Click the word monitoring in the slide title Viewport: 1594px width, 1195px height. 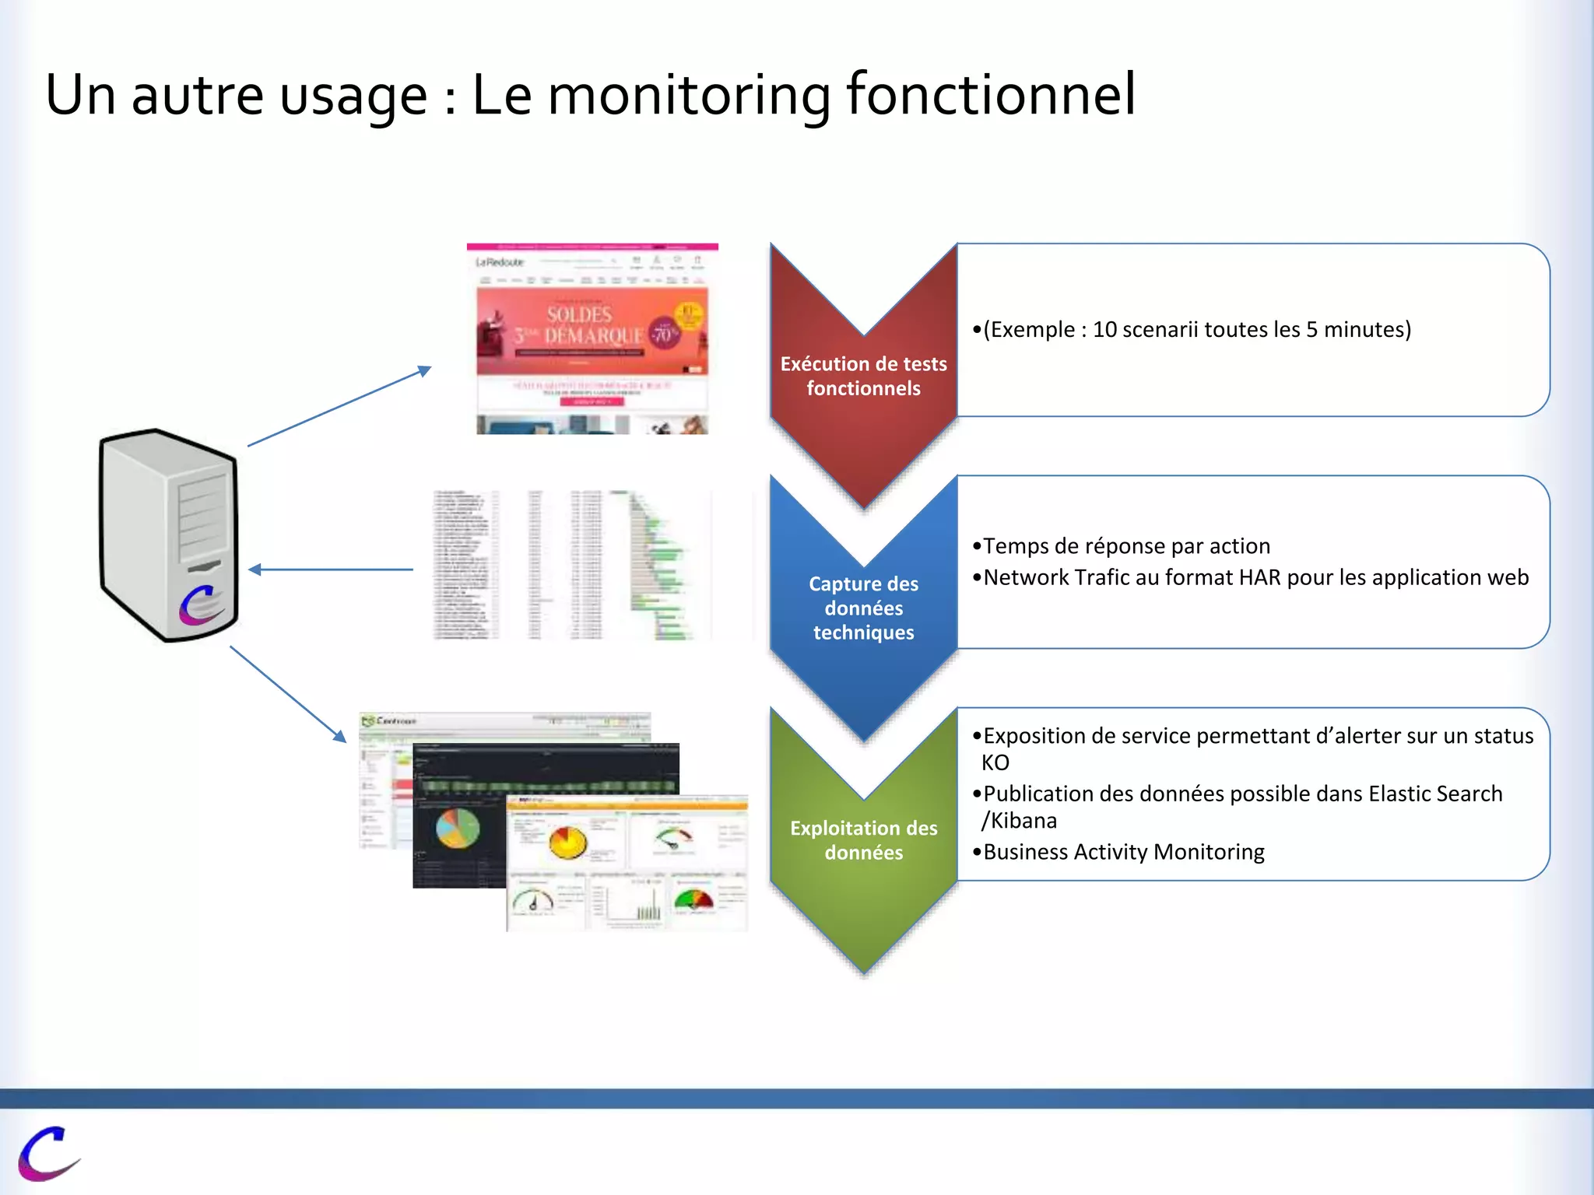[x=690, y=95]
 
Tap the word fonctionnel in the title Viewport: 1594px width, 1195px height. [x=990, y=95]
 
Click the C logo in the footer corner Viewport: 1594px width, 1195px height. [x=48, y=1152]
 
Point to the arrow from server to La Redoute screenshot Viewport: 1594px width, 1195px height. [x=339, y=406]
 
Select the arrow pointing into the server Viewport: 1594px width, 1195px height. [x=331, y=569]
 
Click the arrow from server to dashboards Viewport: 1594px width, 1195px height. [x=288, y=693]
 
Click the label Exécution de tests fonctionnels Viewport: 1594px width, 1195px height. [x=863, y=376]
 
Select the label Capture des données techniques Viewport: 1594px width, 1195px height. [x=863, y=608]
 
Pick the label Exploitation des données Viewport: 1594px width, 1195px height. [x=863, y=840]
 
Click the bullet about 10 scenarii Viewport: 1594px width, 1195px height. [x=1192, y=330]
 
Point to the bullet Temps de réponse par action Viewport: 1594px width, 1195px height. [x=1122, y=546]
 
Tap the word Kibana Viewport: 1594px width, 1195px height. [x=1023, y=821]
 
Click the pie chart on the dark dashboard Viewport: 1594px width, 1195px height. [x=457, y=829]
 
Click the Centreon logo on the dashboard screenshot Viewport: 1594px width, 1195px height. [x=389, y=721]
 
